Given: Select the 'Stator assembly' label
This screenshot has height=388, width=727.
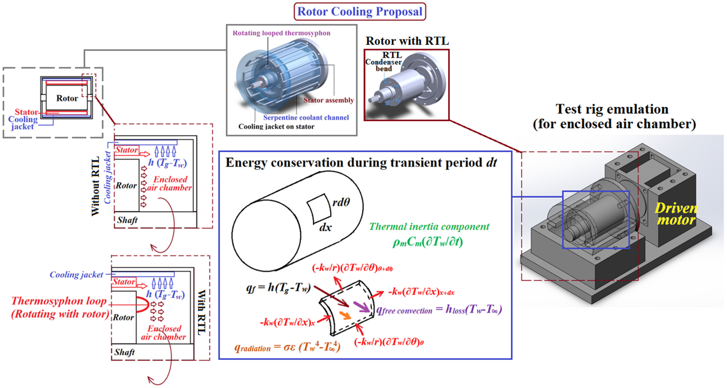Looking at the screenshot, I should [x=329, y=100].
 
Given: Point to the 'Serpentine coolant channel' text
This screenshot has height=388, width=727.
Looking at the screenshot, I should [x=306, y=117].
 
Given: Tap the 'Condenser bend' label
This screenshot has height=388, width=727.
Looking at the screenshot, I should [x=383, y=65].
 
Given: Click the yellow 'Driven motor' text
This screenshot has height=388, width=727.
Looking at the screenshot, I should [x=676, y=214].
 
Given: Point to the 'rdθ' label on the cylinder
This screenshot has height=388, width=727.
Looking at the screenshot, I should [x=341, y=202].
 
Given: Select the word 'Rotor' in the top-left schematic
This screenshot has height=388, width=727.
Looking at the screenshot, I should [x=67, y=98].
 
